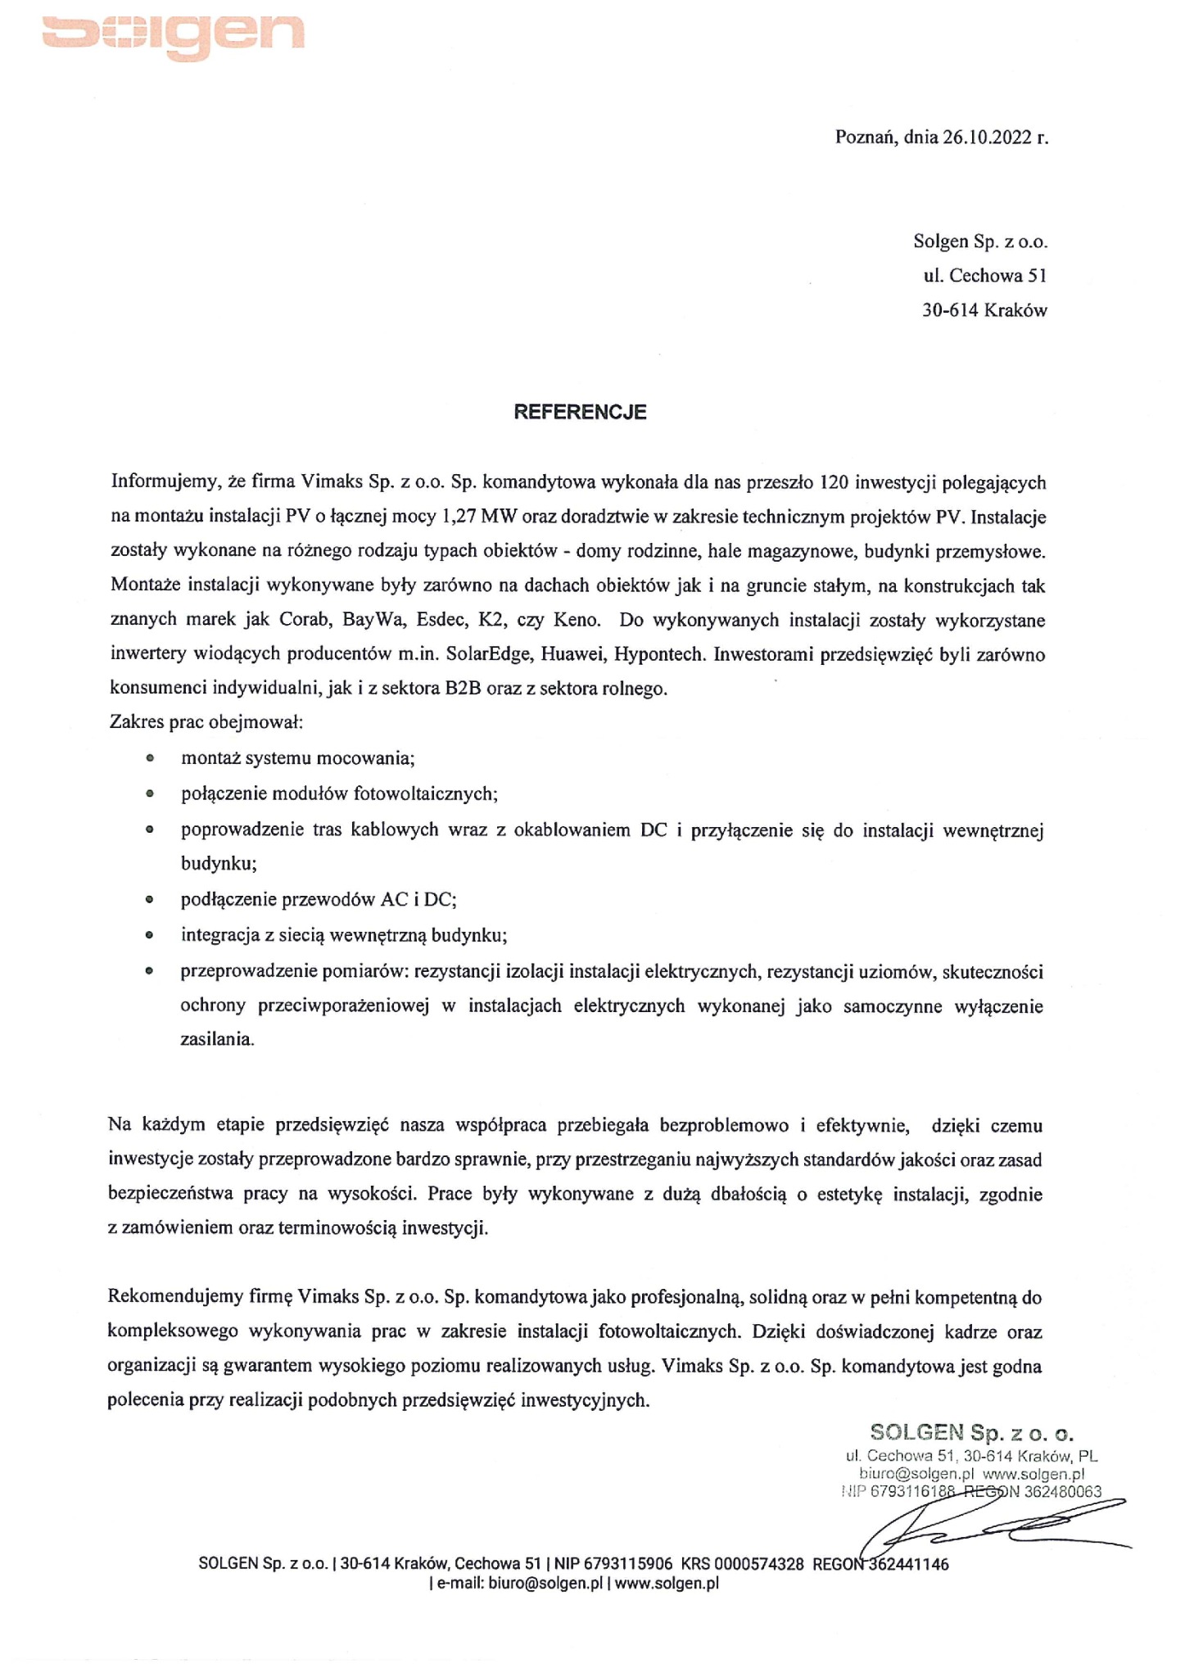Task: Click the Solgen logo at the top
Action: [173, 33]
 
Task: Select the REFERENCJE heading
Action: [580, 412]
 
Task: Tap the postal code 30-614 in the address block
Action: [950, 310]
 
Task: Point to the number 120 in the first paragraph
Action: [833, 482]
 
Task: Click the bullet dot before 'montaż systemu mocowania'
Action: [149, 758]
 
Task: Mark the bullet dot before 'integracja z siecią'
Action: [149, 934]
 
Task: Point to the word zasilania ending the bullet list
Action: [217, 1040]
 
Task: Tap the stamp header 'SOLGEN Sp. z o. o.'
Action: [972, 1432]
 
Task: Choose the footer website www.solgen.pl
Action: [667, 1583]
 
